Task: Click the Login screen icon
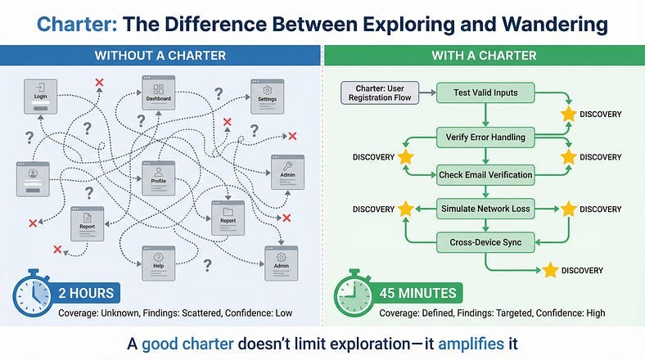point(40,97)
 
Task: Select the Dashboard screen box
point(158,93)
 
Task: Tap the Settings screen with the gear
point(268,97)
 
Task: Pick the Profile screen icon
point(158,178)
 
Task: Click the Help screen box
point(158,263)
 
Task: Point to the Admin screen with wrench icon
point(287,172)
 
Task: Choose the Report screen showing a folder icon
point(228,218)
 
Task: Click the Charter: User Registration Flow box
point(380,93)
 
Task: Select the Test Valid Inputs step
point(485,93)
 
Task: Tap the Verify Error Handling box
point(485,137)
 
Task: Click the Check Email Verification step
point(485,175)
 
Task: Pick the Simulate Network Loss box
point(485,209)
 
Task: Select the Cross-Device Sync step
point(485,242)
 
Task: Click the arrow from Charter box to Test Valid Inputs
point(427,93)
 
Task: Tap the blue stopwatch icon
point(32,293)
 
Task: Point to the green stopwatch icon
point(353,293)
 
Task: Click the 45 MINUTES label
point(417,293)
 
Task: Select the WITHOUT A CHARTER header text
point(160,56)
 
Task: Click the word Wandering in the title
point(555,25)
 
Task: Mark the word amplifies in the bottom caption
point(471,344)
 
